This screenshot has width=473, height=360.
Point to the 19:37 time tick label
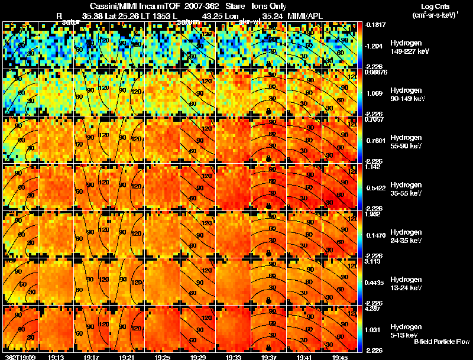pyautogui.click(x=268, y=357)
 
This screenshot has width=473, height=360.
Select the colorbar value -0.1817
pyautogui.click(x=374, y=25)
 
